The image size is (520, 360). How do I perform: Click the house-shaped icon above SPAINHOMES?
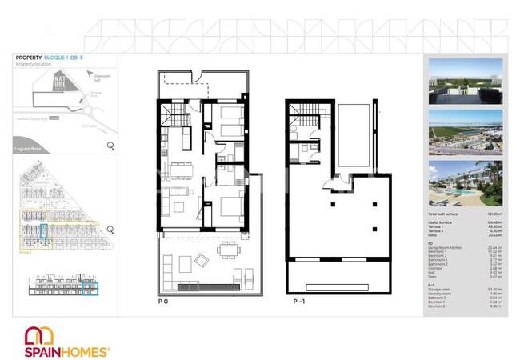point(37,334)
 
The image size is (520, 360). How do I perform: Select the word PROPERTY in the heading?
point(29,58)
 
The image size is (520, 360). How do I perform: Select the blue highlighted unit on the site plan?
point(44,235)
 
